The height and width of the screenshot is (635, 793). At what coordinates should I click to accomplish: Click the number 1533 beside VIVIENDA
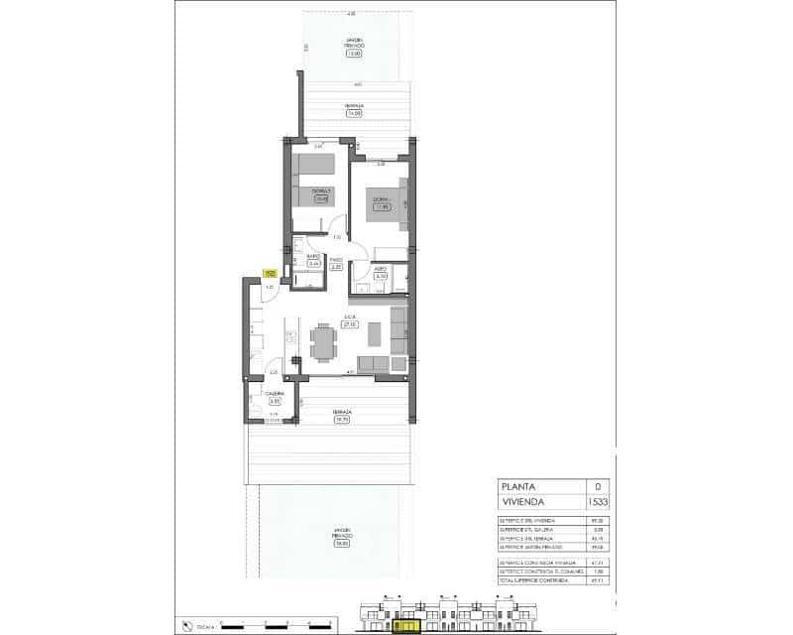[x=598, y=503]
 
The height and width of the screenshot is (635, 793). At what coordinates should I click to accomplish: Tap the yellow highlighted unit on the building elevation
[x=405, y=625]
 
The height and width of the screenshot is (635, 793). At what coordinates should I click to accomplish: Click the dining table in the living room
[x=322, y=343]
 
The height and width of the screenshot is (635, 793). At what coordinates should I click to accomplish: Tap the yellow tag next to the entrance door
[x=269, y=274]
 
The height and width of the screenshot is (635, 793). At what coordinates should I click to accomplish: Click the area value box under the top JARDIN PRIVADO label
[x=354, y=54]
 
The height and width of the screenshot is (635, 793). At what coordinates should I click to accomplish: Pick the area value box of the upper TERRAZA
[x=354, y=113]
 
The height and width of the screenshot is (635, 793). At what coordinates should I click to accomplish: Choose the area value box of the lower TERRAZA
[x=342, y=420]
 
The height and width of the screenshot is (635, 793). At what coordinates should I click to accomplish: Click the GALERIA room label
[x=275, y=394]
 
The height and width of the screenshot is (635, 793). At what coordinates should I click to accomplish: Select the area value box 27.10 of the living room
[x=349, y=323]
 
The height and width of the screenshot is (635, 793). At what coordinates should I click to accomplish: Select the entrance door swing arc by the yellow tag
[x=269, y=291]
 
